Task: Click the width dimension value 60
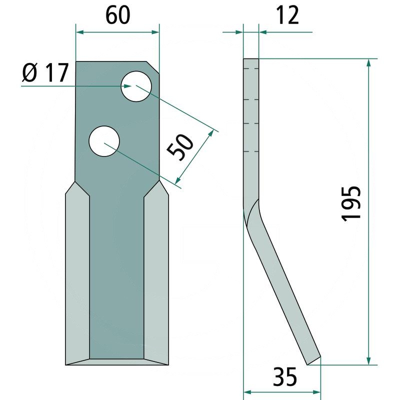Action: tap(117, 15)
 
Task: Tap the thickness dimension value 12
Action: tap(287, 15)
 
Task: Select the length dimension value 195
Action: tap(351, 203)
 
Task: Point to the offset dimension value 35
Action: tap(284, 376)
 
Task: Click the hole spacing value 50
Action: tap(180, 148)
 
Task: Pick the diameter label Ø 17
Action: tap(45, 72)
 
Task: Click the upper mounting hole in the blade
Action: tap(136, 86)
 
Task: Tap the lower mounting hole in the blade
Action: tap(104, 141)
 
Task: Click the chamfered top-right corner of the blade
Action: tap(152, 67)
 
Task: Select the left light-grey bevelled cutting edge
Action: tap(77, 273)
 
